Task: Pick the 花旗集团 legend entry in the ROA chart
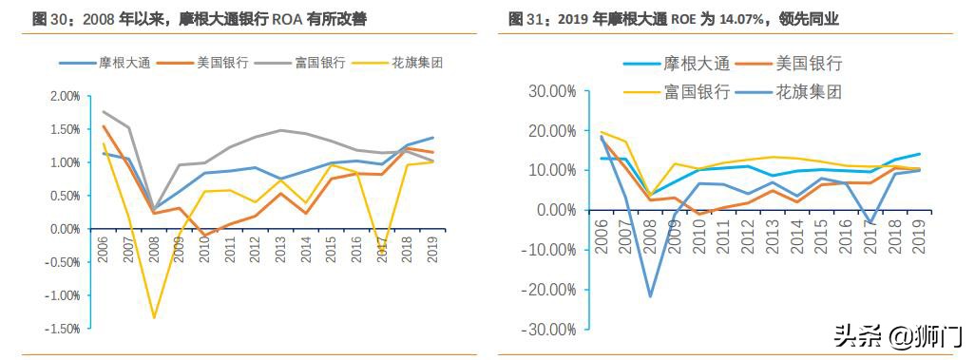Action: coord(417,63)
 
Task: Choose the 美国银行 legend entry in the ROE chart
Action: coord(809,64)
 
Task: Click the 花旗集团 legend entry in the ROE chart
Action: coord(809,92)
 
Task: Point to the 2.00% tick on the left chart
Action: coord(65,96)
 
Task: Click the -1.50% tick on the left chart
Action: coord(63,329)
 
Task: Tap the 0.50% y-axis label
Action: coord(65,196)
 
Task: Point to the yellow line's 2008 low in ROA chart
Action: coord(154,317)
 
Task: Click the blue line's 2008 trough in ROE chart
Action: coord(650,296)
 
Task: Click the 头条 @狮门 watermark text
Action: coord(898,335)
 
